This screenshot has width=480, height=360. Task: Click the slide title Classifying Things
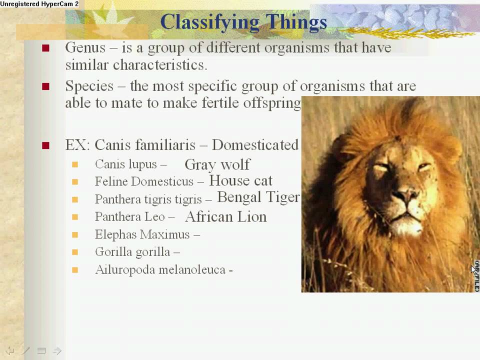click(x=243, y=22)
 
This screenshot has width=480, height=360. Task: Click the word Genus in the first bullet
click(x=85, y=48)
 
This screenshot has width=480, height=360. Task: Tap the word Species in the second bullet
click(x=89, y=86)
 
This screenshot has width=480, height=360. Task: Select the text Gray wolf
click(x=217, y=164)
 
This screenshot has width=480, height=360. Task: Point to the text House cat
click(x=240, y=180)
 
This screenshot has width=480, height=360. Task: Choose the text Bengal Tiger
click(x=258, y=197)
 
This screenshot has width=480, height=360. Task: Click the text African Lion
click(x=225, y=216)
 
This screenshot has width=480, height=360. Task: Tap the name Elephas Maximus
click(x=142, y=234)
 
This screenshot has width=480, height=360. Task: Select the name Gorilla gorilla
click(x=132, y=252)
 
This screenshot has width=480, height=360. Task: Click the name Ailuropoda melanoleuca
click(x=160, y=270)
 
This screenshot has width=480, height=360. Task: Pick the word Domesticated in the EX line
click(x=255, y=145)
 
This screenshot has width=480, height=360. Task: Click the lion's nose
click(x=405, y=194)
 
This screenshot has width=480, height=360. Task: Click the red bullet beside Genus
click(x=46, y=48)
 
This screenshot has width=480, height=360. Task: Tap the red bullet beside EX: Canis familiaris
click(x=46, y=145)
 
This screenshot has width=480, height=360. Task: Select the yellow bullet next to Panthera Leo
click(x=75, y=217)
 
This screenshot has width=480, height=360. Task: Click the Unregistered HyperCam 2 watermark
click(x=39, y=4)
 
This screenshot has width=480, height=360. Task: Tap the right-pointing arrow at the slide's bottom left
click(x=57, y=350)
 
